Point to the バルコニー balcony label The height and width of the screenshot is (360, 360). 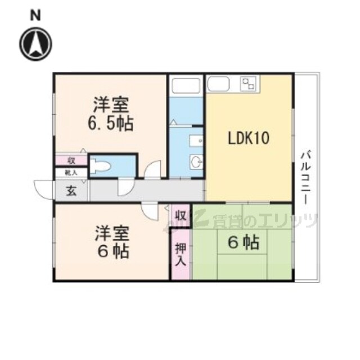[x=306, y=177]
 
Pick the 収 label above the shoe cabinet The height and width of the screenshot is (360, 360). [x=71, y=161]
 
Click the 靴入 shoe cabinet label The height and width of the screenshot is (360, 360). [x=71, y=173]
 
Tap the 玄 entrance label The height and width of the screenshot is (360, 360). [x=72, y=190]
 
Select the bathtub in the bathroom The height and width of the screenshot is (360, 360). [x=187, y=87]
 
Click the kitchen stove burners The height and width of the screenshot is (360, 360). [x=248, y=84]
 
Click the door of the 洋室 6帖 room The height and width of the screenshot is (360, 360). [x=150, y=210]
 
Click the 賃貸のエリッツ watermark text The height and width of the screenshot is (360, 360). [x=256, y=220]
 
